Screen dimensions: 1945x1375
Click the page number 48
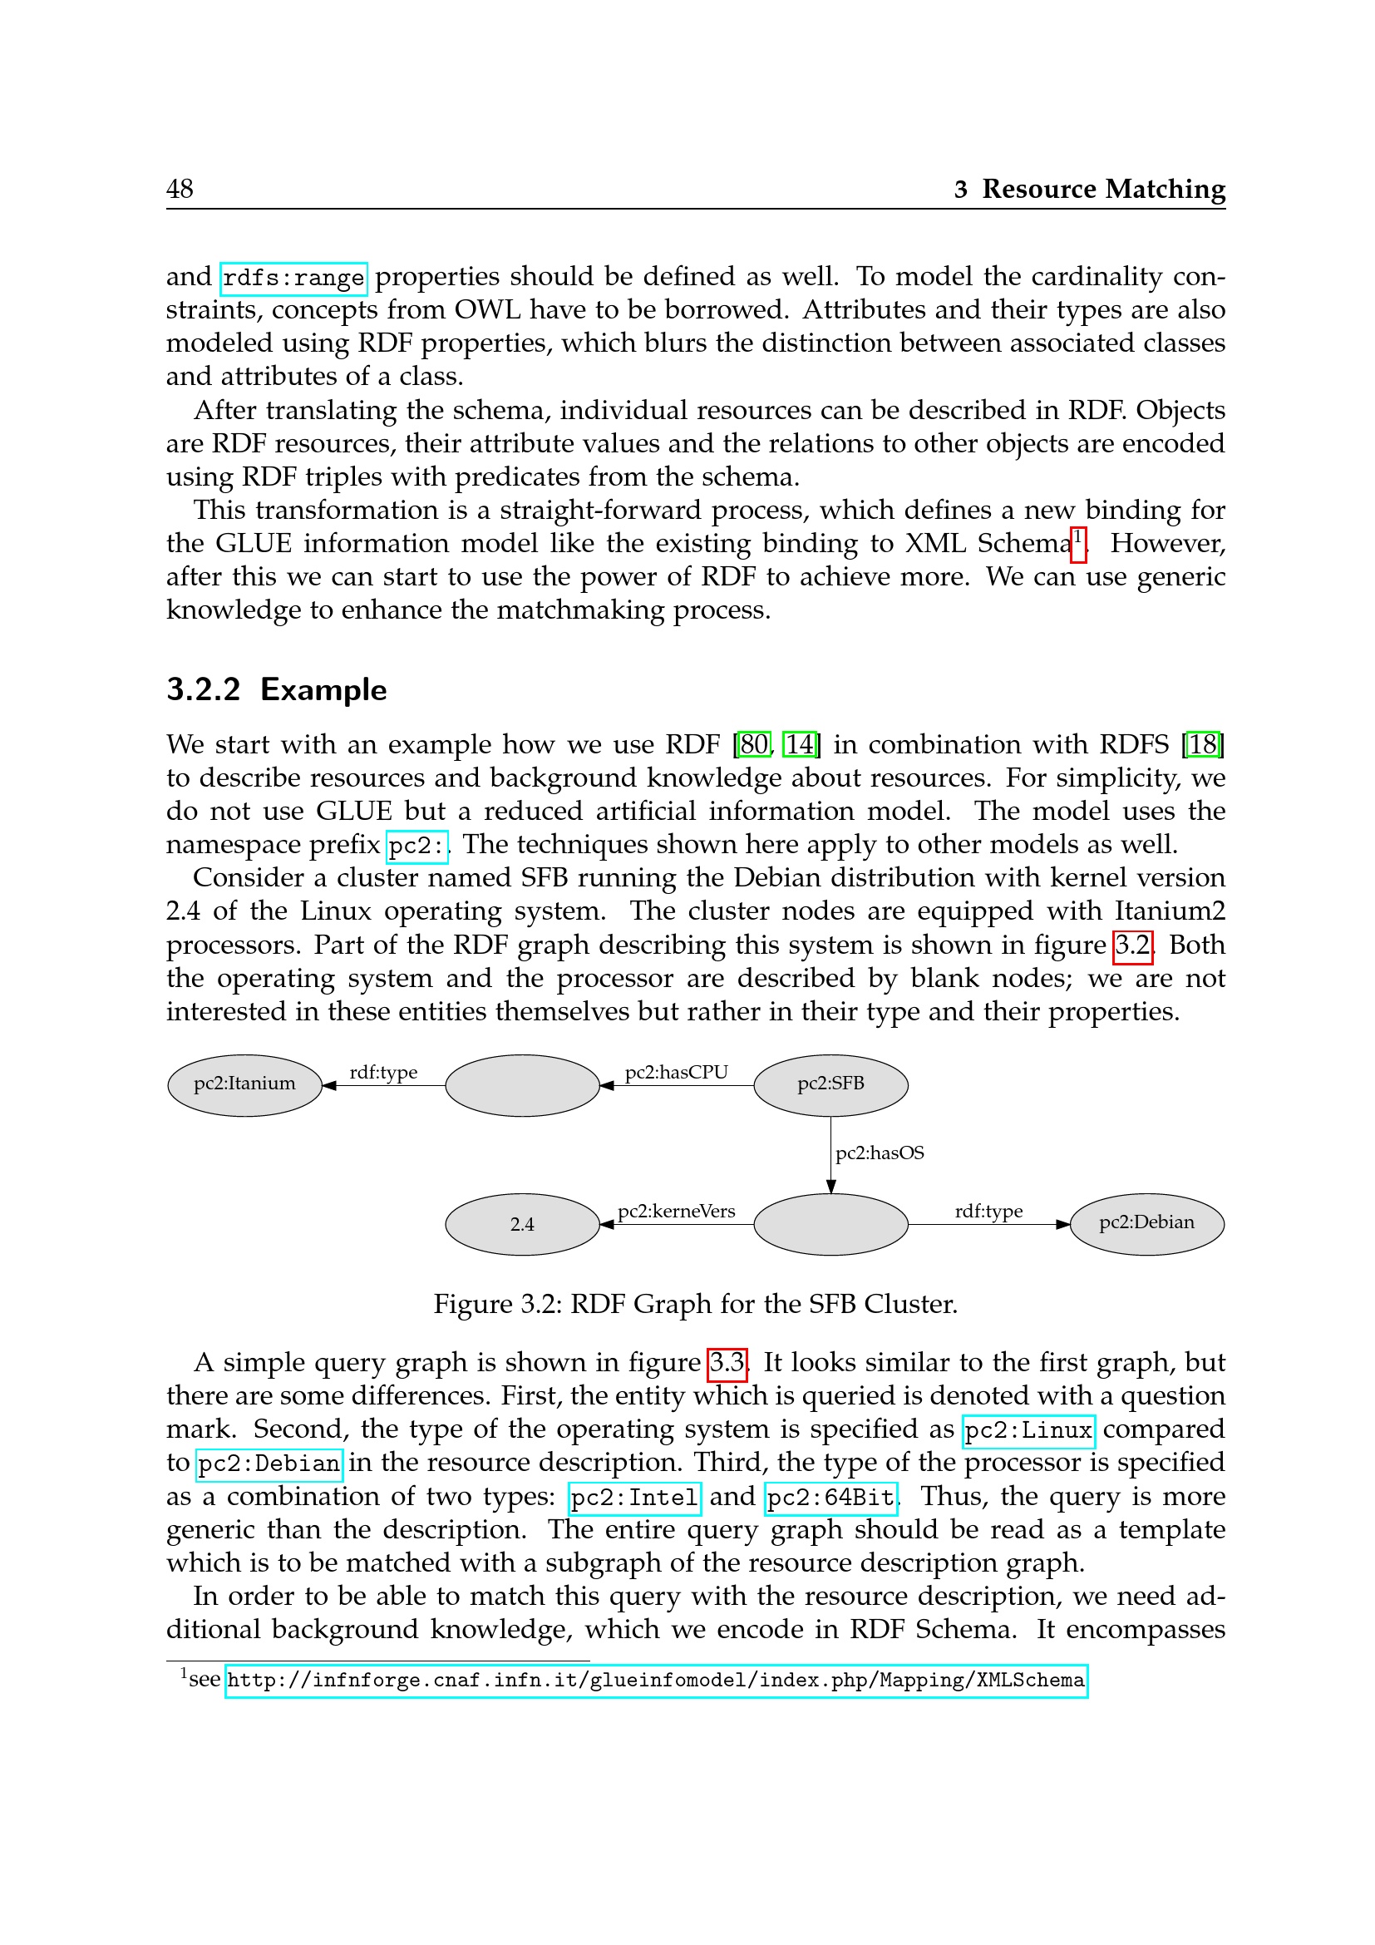tap(180, 188)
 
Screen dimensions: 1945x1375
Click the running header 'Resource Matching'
tap(1102, 188)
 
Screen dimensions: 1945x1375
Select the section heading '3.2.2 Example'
tap(276, 689)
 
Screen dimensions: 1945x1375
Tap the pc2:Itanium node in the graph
tap(244, 1084)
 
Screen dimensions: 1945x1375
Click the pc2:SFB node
tap(830, 1084)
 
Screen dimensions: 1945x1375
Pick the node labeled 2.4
tap(521, 1224)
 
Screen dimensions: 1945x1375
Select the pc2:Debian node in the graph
tap(1146, 1223)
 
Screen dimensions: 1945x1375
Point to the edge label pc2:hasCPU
tap(676, 1073)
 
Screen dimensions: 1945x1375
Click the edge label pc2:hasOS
tap(880, 1153)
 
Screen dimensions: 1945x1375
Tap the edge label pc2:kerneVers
tap(676, 1212)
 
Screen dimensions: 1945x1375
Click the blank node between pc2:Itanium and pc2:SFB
tap(521, 1085)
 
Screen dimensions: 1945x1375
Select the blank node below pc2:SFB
tap(830, 1224)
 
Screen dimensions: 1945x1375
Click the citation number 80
tap(753, 744)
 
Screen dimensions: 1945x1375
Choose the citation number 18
tap(1202, 744)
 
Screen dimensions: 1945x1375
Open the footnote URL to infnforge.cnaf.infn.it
tap(655, 1681)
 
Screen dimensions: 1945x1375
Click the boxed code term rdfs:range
tap(293, 278)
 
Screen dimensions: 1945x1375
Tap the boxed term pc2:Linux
tap(1028, 1431)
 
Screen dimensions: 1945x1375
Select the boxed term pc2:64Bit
tap(830, 1498)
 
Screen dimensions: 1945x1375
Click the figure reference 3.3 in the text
tap(727, 1363)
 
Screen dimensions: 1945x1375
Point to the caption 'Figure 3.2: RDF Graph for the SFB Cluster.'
tap(695, 1304)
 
